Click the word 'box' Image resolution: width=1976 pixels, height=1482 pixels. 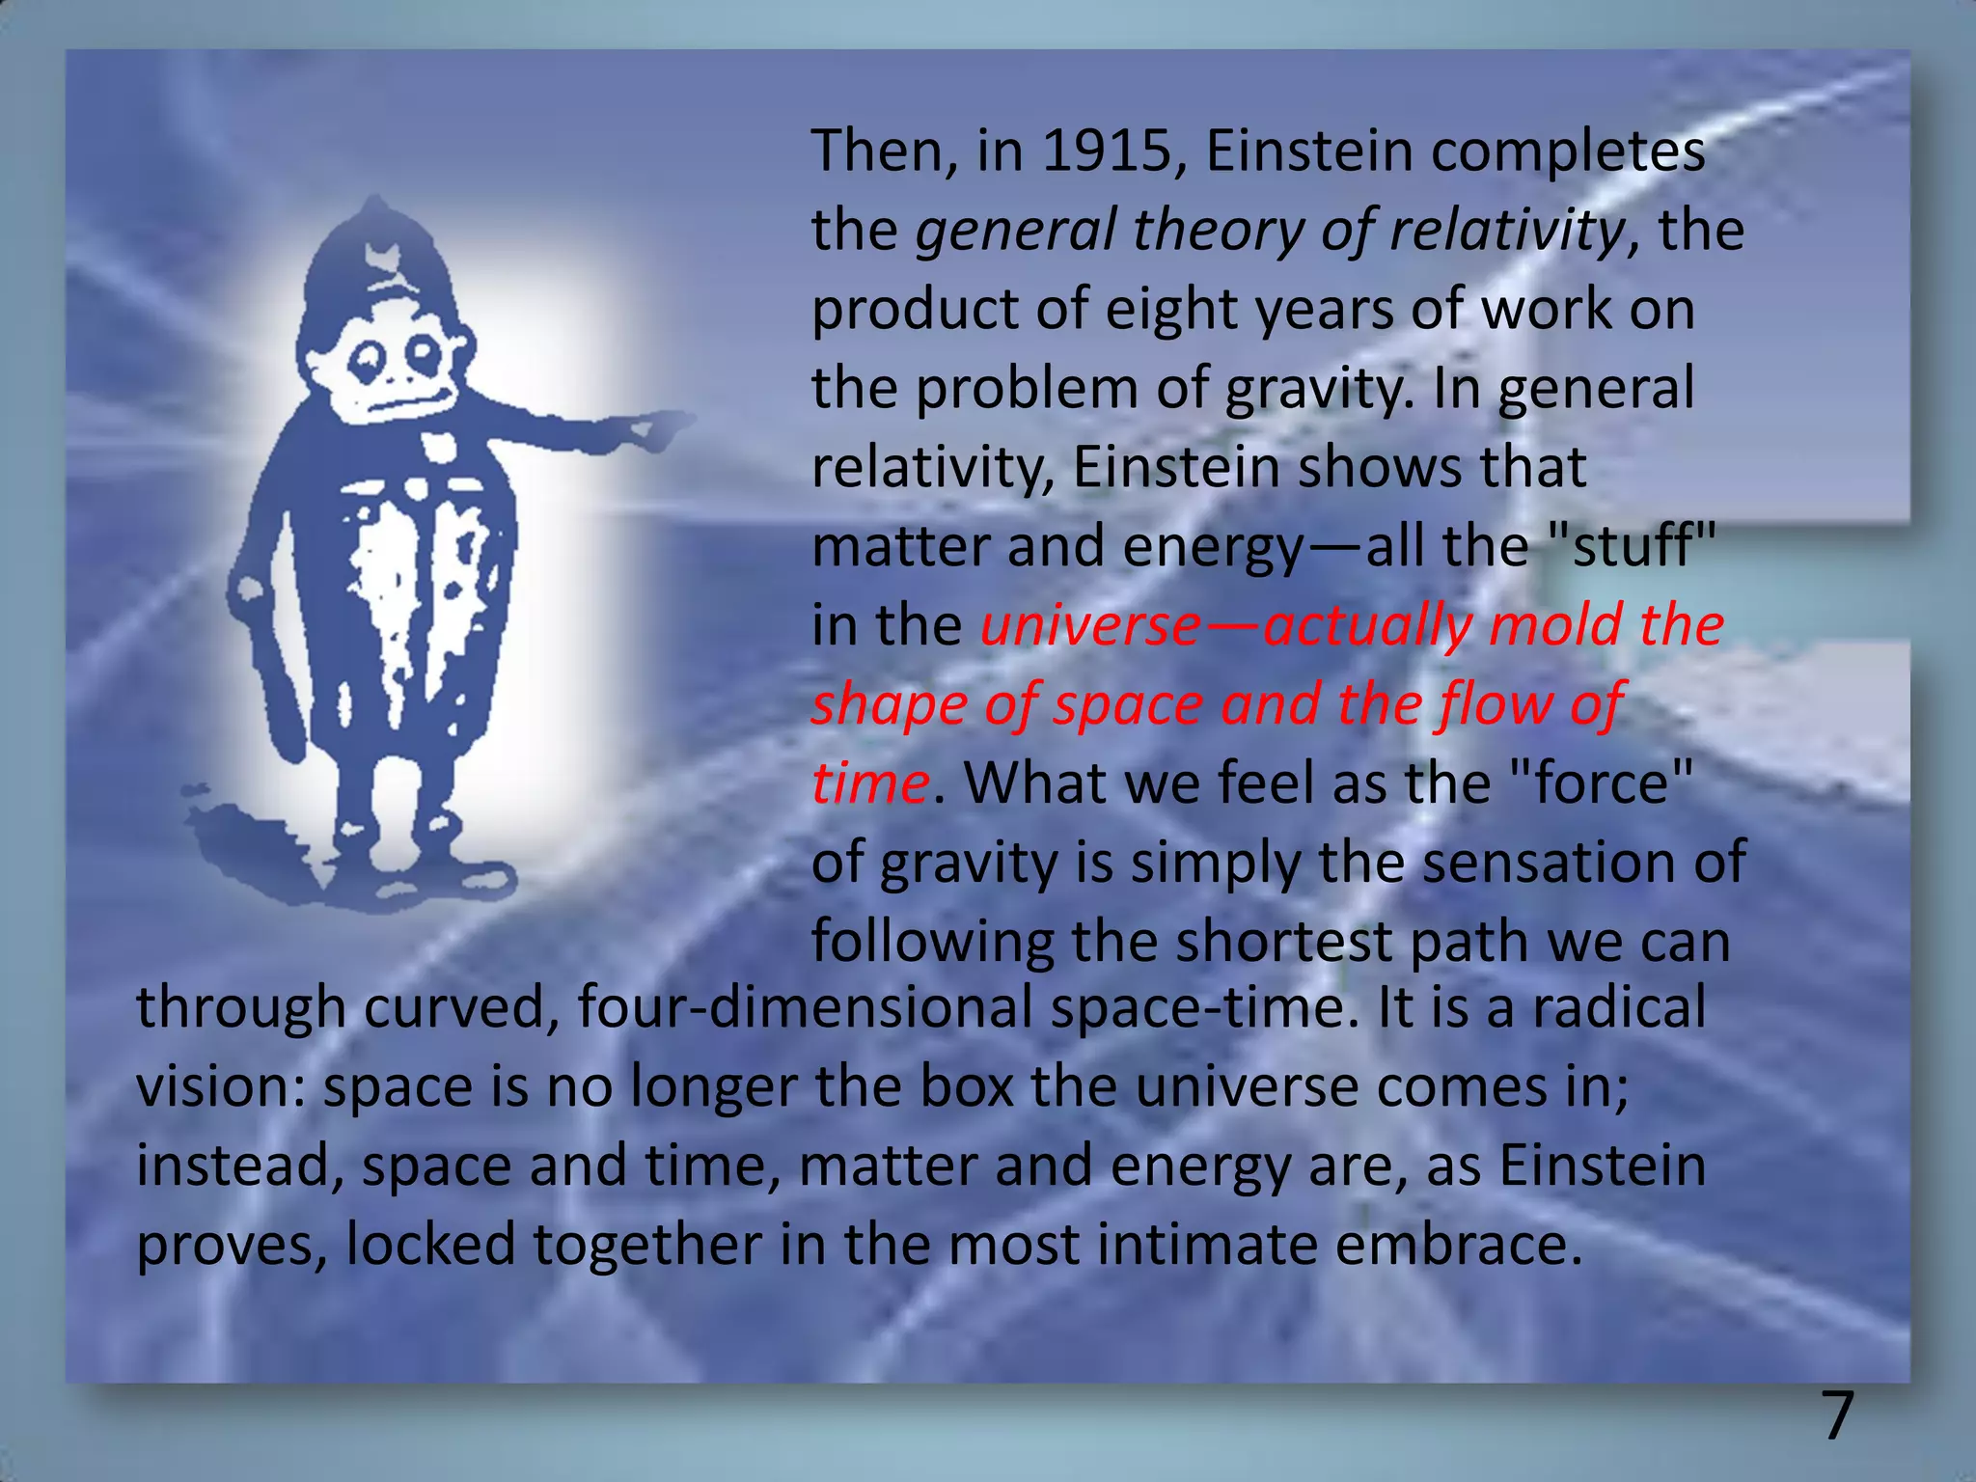[966, 1086]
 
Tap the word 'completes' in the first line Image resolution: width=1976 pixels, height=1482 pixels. [1568, 151]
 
